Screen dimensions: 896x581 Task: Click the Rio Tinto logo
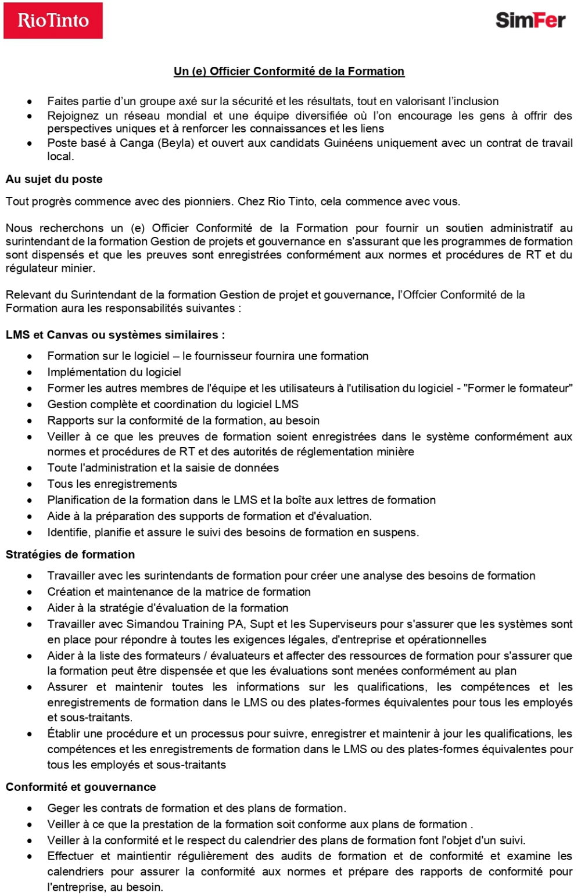tap(53, 21)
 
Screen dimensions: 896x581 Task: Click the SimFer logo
tap(530, 21)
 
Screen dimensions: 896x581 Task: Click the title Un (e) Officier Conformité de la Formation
tap(289, 71)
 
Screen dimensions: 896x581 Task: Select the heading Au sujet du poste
tap(54, 179)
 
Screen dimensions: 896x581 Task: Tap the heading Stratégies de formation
tap(70, 555)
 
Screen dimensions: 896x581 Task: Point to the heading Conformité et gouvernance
tap(81, 787)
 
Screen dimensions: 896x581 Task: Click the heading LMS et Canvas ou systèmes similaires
tap(115, 335)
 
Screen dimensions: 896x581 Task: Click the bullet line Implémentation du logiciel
tap(114, 372)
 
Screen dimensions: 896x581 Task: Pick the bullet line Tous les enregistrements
tap(112, 484)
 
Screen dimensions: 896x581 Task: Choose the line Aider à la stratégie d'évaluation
tap(168, 608)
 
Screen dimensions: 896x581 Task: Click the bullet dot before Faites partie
tap(29, 102)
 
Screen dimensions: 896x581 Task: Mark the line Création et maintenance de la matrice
tap(179, 592)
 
